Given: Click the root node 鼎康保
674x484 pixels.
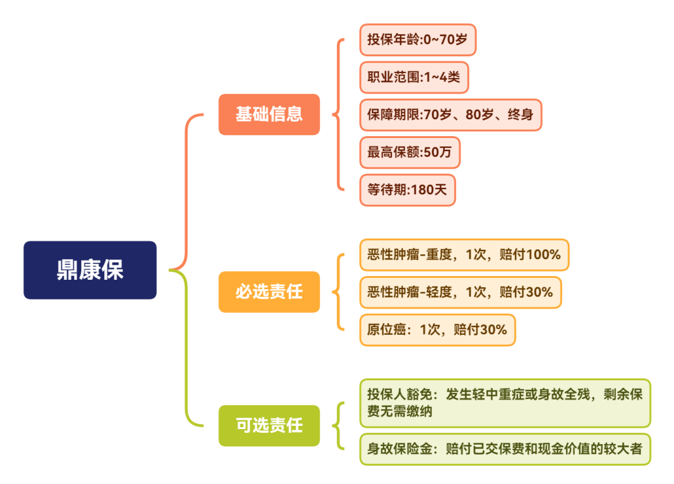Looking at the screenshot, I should [90, 270].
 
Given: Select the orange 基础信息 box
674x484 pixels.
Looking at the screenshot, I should [269, 114].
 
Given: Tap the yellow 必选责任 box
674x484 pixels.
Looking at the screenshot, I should [269, 292].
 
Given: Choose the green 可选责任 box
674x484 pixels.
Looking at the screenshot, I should [269, 425].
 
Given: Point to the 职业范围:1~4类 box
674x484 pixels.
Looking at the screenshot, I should [414, 77].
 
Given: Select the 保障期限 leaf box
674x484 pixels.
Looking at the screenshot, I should [450, 115].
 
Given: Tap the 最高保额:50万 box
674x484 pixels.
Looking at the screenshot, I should [409, 152].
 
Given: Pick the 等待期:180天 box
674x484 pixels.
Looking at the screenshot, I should [408, 190].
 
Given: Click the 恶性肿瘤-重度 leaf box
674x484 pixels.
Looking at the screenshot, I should [464, 255].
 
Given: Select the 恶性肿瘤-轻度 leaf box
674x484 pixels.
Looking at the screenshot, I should [460, 292].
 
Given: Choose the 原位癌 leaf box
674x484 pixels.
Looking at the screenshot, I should [437, 329].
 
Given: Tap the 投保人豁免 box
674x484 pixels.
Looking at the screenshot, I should [504, 403].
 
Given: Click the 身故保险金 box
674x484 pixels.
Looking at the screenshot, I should [504, 449].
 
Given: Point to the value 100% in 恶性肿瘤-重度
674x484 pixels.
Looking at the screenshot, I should [544, 255].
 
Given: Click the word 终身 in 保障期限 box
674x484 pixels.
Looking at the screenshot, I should [520, 115].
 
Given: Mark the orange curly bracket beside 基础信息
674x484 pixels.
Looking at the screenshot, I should [338, 115].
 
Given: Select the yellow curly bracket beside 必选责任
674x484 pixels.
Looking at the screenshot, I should [338, 292].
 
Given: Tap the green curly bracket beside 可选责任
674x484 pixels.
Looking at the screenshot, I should [338, 425].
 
